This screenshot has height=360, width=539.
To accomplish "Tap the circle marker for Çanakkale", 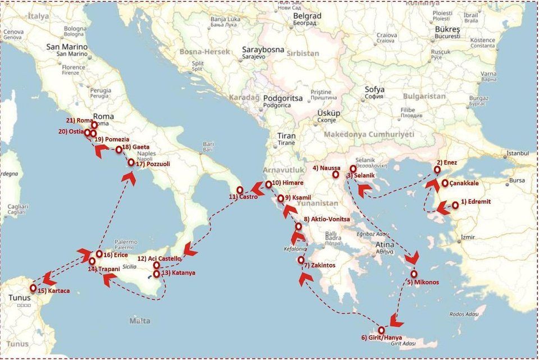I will [x=445, y=183].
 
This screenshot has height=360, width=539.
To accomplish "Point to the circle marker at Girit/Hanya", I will [x=382, y=330].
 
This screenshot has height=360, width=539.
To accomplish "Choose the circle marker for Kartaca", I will [x=33, y=288].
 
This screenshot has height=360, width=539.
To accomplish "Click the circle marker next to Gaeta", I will [x=119, y=150].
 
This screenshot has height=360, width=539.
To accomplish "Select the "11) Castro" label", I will [x=243, y=197].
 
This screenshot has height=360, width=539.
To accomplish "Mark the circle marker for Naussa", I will [x=336, y=175].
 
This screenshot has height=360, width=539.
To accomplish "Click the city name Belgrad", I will [x=307, y=16].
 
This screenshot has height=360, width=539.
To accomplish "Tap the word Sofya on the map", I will [x=374, y=89].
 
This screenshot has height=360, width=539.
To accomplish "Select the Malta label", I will [x=140, y=321].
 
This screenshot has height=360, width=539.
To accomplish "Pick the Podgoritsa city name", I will [x=282, y=98].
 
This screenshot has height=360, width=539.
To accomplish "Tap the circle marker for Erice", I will [x=99, y=254].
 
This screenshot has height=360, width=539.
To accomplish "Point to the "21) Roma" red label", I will [x=78, y=121].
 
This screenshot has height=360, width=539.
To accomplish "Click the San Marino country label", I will [x=67, y=47].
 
